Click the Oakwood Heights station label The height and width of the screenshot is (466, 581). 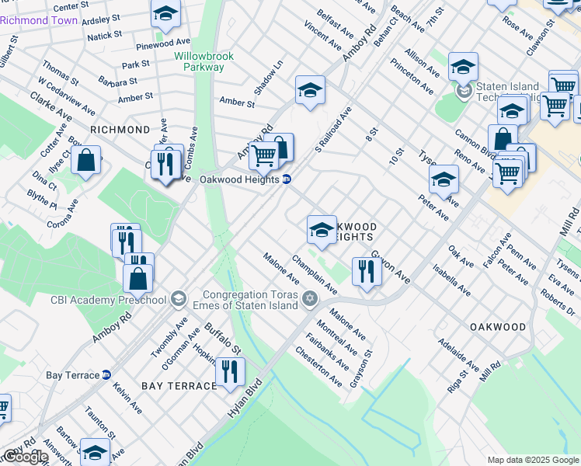[x=240, y=179]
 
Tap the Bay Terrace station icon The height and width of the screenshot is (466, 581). [x=106, y=375]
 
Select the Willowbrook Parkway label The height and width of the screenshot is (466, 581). [x=199, y=61]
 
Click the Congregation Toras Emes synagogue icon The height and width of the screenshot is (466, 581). [x=310, y=299]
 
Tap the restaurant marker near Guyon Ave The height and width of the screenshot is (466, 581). [x=366, y=272]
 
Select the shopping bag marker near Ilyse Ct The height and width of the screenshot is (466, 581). [x=87, y=161]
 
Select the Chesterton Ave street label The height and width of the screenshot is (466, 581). [x=318, y=366]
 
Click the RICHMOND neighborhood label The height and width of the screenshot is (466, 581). [x=120, y=130]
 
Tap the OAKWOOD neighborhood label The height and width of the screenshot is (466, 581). [x=498, y=327]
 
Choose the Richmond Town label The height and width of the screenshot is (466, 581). [x=39, y=20]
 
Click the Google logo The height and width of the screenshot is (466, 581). [x=25, y=457]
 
